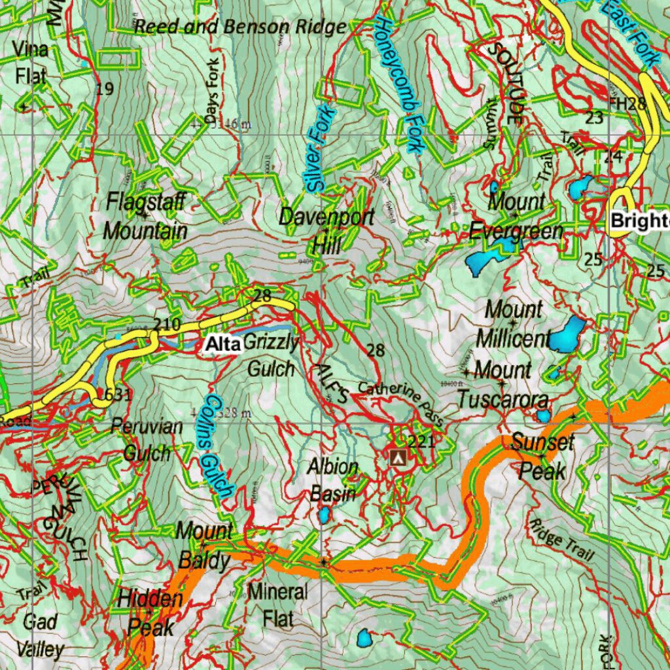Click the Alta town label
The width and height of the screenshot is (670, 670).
point(222,344)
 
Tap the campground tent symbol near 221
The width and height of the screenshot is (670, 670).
point(397,457)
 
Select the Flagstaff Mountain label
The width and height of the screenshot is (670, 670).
point(145,216)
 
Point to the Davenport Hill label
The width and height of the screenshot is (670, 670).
point(326,231)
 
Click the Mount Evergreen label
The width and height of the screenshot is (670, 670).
point(516,216)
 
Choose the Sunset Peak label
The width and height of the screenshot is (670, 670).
point(542,456)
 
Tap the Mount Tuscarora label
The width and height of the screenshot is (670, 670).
point(502,384)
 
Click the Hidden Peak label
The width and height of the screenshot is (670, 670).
point(150,613)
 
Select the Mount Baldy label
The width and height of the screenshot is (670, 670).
point(204,546)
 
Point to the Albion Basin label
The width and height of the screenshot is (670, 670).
point(334,480)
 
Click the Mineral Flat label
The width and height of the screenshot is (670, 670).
point(277,604)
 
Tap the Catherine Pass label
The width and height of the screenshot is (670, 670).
point(401,401)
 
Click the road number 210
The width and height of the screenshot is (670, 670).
point(166,324)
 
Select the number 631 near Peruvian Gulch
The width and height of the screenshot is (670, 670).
point(118,395)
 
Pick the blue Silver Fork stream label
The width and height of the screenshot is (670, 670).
point(320,149)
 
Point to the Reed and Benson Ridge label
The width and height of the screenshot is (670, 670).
point(239,27)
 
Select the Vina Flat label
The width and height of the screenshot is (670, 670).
point(31,63)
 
